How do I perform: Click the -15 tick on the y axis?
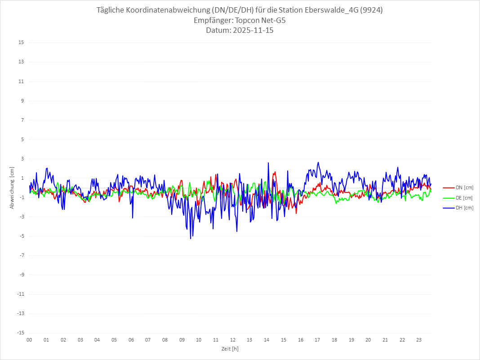(x=21, y=333)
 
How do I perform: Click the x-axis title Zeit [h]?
(x=230, y=348)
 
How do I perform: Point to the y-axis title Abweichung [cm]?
(x=12, y=187)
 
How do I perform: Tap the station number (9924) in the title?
(x=374, y=10)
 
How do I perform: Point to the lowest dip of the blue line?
(x=191, y=239)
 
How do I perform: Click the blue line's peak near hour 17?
(x=318, y=162)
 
